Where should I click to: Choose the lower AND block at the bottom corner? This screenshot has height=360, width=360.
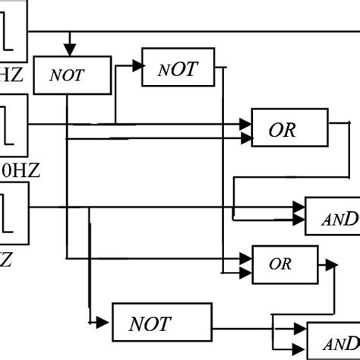pyautogui.click(x=333, y=339)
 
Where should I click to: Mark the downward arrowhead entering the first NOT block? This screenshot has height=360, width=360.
pyautogui.click(x=70, y=43)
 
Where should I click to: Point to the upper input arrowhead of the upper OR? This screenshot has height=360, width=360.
pyautogui.click(x=245, y=122)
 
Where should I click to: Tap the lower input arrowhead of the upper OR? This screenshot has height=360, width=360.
pyautogui.click(x=245, y=138)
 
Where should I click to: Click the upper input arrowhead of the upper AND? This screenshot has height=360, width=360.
pyautogui.click(x=298, y=205)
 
